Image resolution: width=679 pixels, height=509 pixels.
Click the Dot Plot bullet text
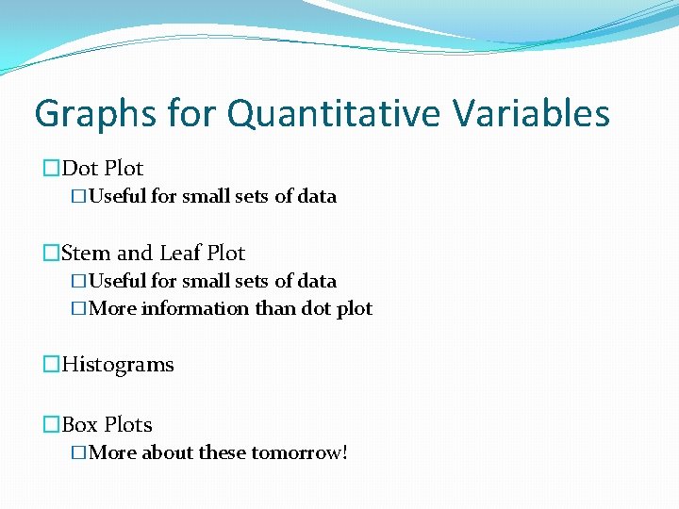point(102,169)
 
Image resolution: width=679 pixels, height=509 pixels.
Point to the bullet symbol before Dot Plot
point(50,169)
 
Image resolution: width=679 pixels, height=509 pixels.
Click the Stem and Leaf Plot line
point(152,254)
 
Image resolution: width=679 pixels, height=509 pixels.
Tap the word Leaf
point(180,254)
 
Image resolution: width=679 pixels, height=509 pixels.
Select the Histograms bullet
point(117,365)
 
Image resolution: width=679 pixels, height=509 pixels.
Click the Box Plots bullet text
point(107,425)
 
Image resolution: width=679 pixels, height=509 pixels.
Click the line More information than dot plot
point(230,309)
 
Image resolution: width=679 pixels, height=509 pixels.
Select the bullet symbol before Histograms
point(50,365)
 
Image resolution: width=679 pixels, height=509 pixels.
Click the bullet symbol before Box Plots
point(50,425)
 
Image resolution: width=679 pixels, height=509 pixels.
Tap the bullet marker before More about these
point(78,453)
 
